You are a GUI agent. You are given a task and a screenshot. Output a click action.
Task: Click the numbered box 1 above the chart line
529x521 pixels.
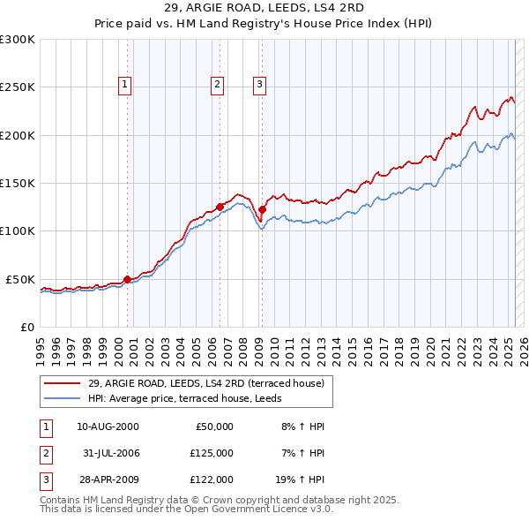click(125, 85)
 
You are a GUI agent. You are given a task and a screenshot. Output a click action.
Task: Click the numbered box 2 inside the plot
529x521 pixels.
click(217, 85)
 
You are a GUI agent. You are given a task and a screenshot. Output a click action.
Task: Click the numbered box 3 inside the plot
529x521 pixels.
click(260, 85)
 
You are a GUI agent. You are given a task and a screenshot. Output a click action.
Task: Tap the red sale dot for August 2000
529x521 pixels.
click(127, 279)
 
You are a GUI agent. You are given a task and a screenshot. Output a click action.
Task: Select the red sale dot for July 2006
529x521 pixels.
click(220, 207)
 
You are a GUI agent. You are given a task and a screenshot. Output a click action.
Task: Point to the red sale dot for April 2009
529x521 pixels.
click(262, 210)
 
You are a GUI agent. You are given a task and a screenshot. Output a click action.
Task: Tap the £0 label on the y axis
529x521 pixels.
click(26, 327)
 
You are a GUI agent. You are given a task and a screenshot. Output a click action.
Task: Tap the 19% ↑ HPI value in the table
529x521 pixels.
click(299, 479)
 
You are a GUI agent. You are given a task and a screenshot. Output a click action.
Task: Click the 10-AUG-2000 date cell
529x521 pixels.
click(108, 427)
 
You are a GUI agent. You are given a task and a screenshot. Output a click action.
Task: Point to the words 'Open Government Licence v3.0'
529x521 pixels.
click(264, 510)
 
